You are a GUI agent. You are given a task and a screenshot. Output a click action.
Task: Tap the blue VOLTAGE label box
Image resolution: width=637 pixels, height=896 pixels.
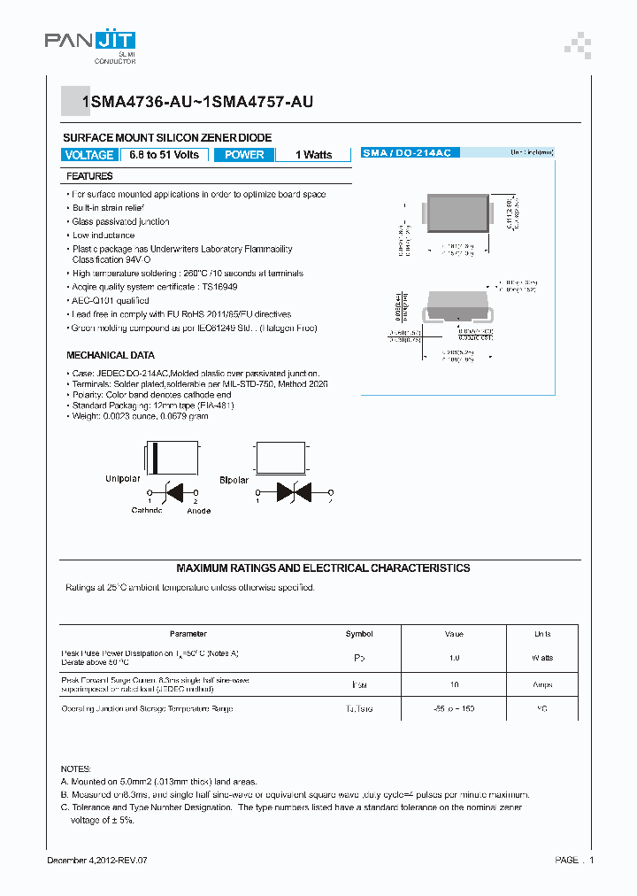click(x=89, y=155)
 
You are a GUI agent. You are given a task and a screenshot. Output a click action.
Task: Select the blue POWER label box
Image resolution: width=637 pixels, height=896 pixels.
click(x=244, y=155)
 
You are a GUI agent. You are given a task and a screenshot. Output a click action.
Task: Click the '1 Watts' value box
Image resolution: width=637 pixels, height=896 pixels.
click(x=313, y=155)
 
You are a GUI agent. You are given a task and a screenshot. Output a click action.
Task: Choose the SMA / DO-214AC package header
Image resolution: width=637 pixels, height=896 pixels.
click(x=406, y=153)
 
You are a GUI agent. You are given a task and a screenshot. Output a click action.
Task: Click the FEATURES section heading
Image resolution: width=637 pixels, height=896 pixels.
click(x=89, y=176)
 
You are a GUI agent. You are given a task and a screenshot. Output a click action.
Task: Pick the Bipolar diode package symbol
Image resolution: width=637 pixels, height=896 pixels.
click(x=280, y=461)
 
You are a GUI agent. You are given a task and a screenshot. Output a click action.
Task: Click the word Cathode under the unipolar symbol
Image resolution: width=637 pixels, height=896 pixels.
click(x=147, y=511)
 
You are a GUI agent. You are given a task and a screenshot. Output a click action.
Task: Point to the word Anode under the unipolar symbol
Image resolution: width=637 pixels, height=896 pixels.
click(x=199, y=511)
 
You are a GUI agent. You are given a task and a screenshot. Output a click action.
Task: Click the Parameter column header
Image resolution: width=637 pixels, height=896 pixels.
click(x=188, y=634)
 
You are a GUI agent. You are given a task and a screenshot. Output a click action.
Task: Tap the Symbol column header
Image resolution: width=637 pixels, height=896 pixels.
click(x=359, y=634)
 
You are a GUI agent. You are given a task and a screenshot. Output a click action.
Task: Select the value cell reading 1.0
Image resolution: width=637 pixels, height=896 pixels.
click(x=454, y=658)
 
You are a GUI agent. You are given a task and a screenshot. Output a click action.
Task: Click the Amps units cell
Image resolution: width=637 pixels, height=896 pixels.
click(x=542, y=684)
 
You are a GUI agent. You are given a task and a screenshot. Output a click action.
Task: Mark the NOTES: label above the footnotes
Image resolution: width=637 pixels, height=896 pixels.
click(x=75, y=769)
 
